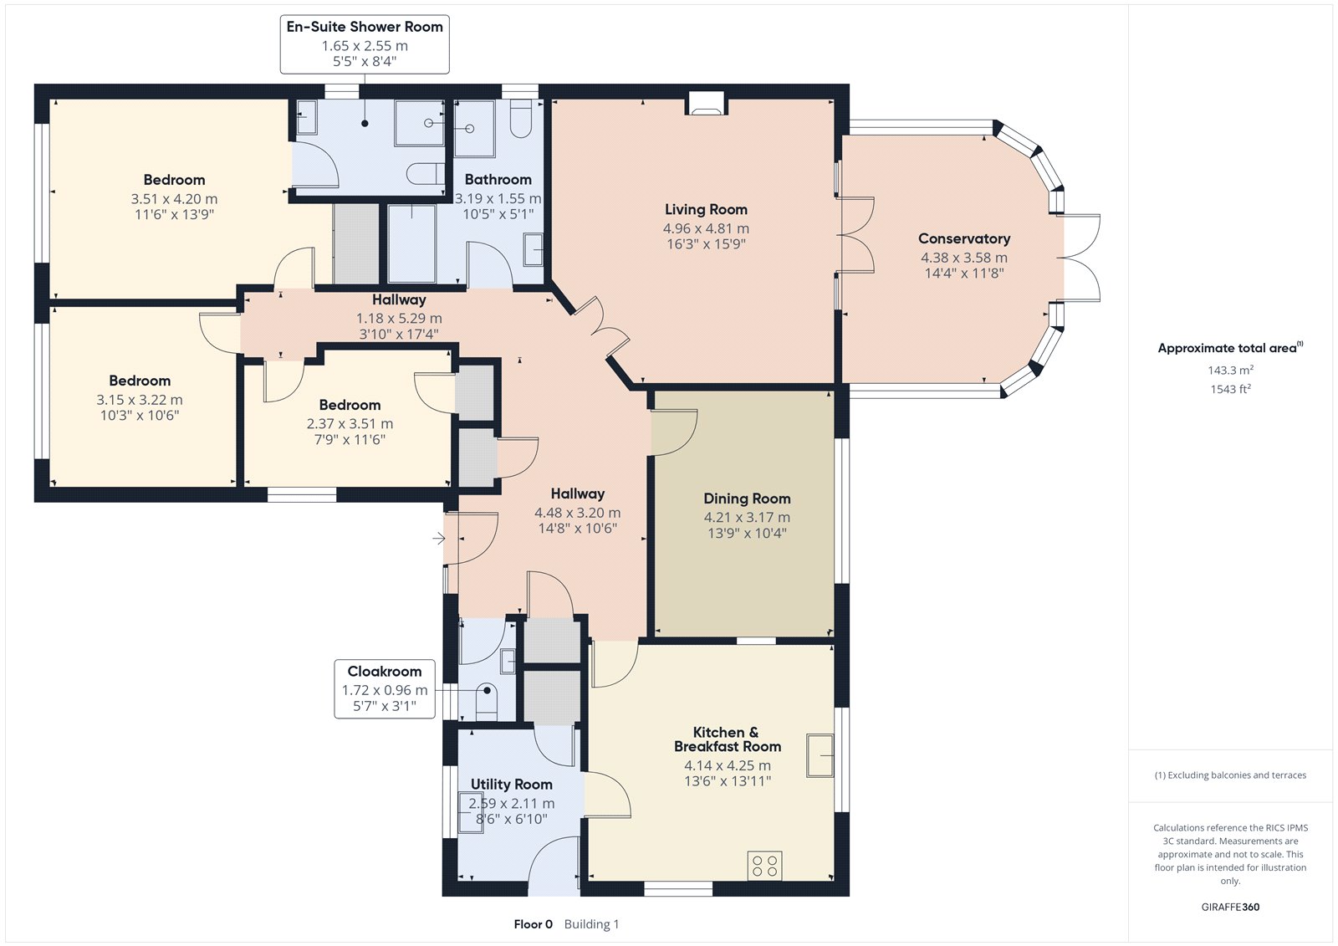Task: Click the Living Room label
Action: tap(706, 210)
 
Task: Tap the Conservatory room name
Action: tap(964, 239)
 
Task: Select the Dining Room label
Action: tap(747, 499)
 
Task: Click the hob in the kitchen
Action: tap(764, 866)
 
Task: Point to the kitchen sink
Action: tap(820, 755)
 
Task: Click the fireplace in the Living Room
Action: tap(706, 103)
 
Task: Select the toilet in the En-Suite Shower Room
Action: tap(426, 174)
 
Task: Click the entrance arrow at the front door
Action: tap(439, 539)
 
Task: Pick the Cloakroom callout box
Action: tap(384, 688)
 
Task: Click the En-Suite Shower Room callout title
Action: tap(365, 27)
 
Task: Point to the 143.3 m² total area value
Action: tap(1230, 370)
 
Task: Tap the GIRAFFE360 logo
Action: tap(1230, 907)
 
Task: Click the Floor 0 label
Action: tap(533, 924)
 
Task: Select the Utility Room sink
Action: tap(470, 812)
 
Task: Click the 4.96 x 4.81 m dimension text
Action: tap(706, 228)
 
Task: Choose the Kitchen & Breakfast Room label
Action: tap(727, 739)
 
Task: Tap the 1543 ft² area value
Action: tap(1230, 389)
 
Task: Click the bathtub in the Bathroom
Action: tap(411, 244)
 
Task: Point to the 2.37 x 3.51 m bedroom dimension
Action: tap(350, 424)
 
